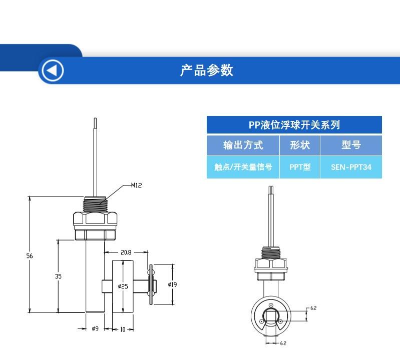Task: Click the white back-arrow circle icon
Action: (x=53, y=70)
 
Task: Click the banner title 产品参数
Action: (x=207, y=70)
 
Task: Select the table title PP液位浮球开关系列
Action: (x=294, y=125)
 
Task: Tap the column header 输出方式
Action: (x=243, y=145)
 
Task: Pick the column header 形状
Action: (x=300, y=145)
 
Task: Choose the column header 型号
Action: (x=351, y=145)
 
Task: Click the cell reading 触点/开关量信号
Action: (x=243, y=167)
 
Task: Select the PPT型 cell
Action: (x=300, y=167)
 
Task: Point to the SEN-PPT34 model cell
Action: (x=351, y=167)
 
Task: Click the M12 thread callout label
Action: (x=136, y=185)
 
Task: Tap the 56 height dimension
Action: (x=30, y=256)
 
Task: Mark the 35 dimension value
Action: (x=58, y=276)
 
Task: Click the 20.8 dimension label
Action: (x=126, y=252)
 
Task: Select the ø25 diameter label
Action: (x=123, y=286)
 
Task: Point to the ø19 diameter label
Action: (x=172, y=284)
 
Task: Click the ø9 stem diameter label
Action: (x=95, y=328)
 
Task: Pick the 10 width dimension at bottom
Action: (x=123, y=329)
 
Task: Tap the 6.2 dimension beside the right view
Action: (x=313, y=308)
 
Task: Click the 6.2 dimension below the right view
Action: (x=283, y=343)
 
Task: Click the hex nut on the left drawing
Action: (x=95, y=218)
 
